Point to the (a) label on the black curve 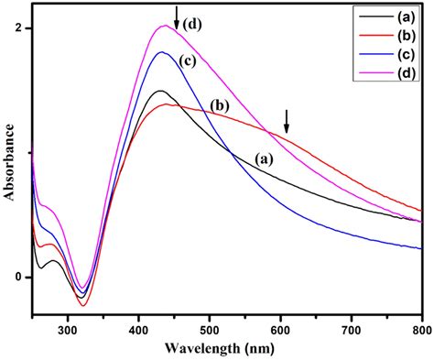[264, 158]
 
